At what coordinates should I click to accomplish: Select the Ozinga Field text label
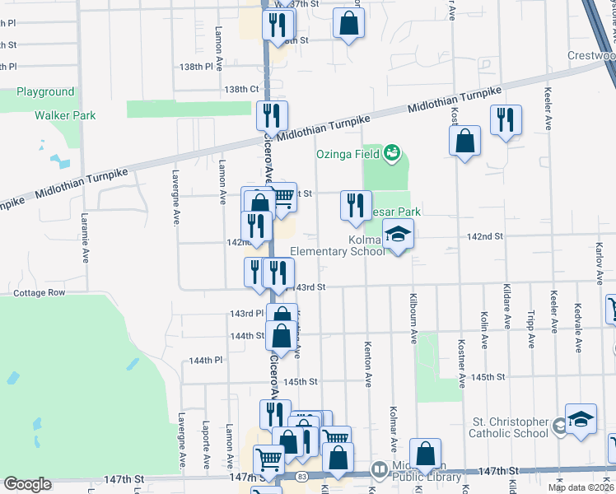(348, 154)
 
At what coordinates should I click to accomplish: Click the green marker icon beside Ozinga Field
(392, 152)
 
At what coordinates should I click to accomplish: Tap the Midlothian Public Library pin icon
(380, 472)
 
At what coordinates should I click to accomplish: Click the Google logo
(27, 484)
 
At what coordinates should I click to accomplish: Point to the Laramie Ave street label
(86, 240)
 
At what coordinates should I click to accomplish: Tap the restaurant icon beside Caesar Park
(355, 206)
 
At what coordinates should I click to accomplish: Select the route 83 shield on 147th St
(303, 477)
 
